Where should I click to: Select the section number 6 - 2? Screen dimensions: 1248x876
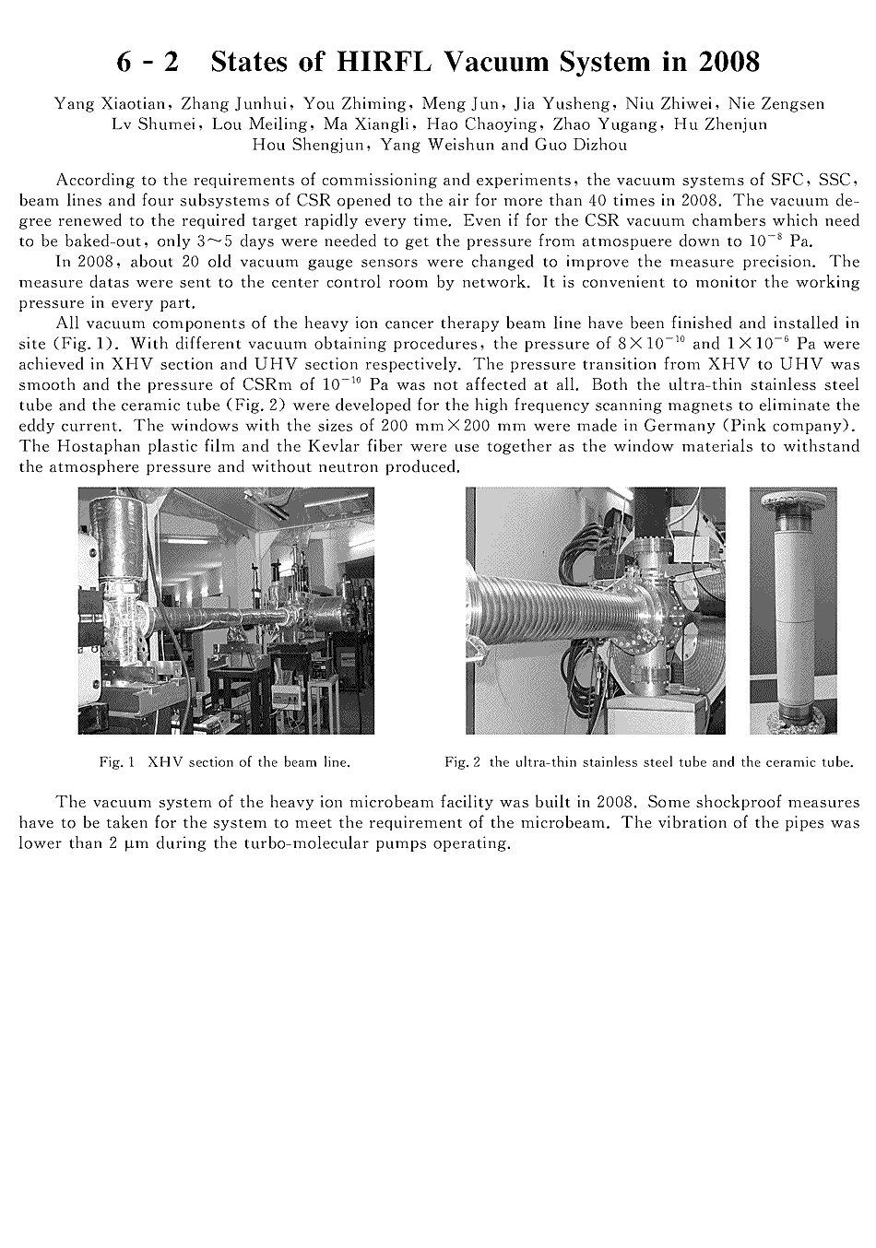(x=148, y=62)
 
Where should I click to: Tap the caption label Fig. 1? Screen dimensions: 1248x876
(x=117, y=762)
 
